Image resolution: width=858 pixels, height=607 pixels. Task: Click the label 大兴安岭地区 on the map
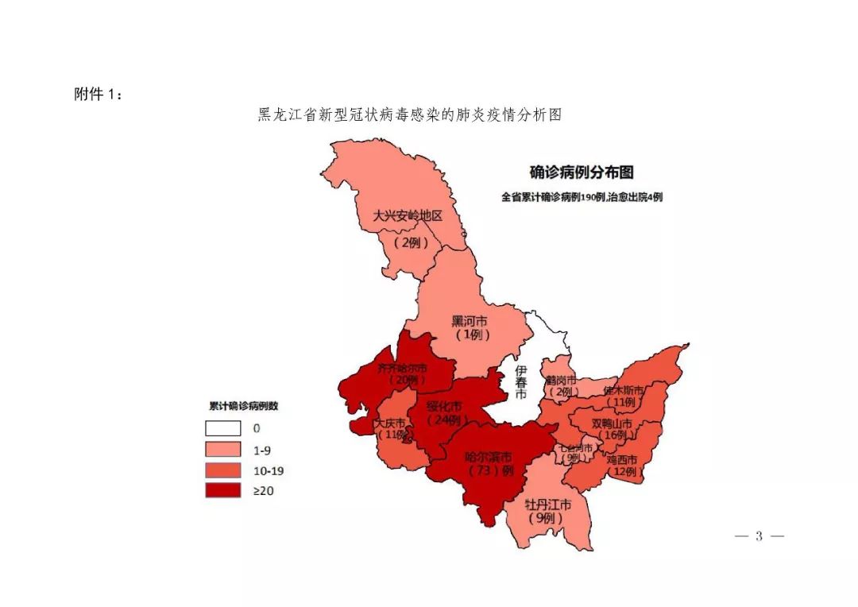(407, 215)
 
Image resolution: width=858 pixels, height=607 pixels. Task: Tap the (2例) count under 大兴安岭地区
(411, 243)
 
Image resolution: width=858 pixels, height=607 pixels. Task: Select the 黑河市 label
(470, 322)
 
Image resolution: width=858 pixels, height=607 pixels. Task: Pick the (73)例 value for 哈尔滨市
(489, 470)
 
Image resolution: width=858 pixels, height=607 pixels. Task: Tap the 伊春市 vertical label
(520, 382)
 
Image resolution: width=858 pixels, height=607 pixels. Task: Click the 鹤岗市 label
(561, 380)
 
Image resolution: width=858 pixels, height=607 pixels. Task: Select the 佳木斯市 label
(624, 390)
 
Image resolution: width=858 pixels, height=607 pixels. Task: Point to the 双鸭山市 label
(613, 423)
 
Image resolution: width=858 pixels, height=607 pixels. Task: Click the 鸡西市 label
(622, 460)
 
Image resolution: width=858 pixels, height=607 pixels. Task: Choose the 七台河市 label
(577, 448)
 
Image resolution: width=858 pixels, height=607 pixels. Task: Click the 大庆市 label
(391, 423)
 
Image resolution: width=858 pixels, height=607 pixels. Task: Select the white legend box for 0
(222, 428)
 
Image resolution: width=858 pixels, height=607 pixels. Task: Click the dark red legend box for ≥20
(222, 490)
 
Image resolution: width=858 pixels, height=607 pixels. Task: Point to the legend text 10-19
(268, 470)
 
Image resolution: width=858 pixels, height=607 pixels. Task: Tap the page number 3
(759, 536)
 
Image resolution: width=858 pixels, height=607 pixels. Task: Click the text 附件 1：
(99, 94)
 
